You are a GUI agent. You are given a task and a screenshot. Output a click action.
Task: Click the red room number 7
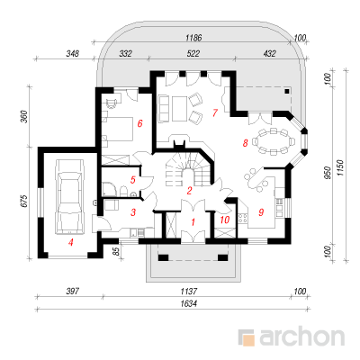click(214, 112)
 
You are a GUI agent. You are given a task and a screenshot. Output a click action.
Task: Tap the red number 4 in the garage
click(70, 242)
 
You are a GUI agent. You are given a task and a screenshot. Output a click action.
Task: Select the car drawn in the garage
click(70, 196)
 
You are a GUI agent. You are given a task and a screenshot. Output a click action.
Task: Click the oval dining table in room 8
click(273, 141)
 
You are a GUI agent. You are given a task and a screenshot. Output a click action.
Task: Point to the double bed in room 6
click(119, 129)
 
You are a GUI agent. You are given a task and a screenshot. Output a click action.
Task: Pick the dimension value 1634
click(189, 303)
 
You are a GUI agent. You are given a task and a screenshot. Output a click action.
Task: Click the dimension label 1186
click(193, 38)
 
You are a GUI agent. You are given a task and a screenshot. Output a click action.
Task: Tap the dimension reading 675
click(24, 201)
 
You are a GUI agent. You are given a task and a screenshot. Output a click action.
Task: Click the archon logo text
click(301, 337)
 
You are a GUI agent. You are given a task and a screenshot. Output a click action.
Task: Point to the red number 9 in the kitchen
click(261, 212)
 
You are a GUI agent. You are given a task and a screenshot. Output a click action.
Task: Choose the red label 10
click(224, 220)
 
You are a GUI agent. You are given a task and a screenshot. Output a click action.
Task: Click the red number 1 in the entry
click(193, 222)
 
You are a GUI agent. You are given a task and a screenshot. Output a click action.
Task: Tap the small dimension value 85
click(118, 251)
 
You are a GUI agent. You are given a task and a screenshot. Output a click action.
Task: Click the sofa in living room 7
click(163, 109)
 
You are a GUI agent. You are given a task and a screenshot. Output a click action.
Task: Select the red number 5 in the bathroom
click(133, 180)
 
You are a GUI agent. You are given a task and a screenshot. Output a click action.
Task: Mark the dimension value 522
click(193, 54)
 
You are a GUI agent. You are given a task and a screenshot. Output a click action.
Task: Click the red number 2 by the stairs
click(189, 191)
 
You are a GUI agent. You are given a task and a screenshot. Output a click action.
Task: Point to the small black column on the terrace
click(287, 91)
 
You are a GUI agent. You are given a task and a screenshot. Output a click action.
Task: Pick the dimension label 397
click(73, 291)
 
